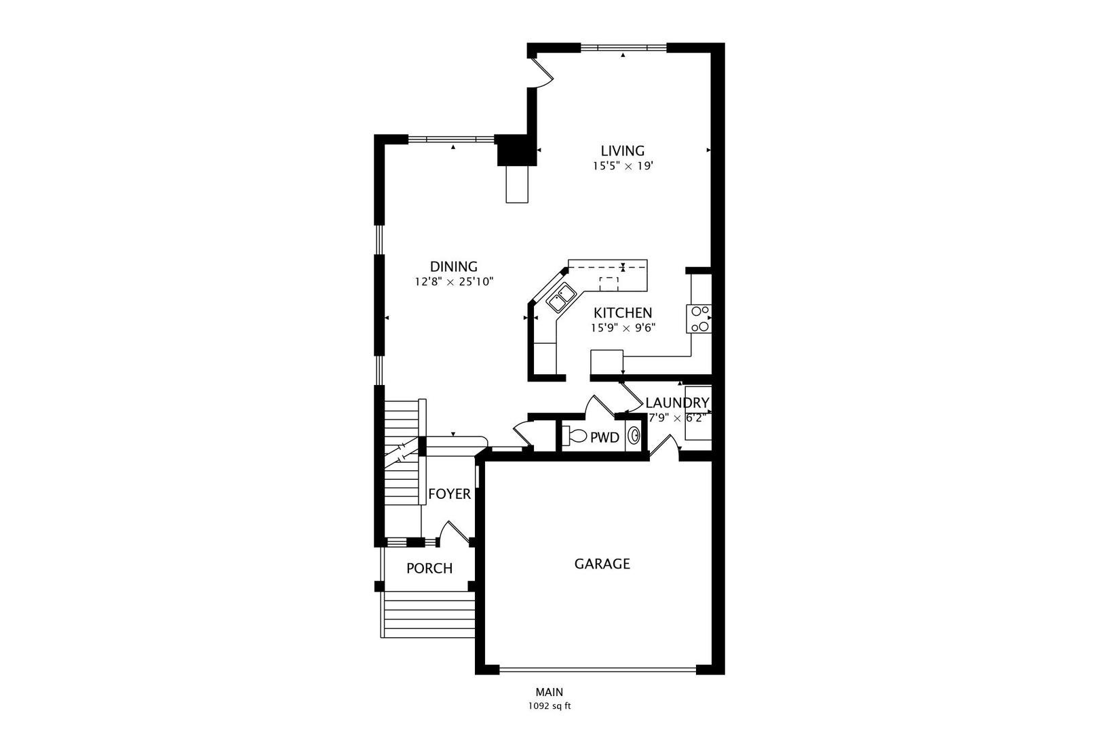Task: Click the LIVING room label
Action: (x=622, y=150)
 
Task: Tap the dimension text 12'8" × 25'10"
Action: (x=454, y=281)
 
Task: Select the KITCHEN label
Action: (x=623, y=312)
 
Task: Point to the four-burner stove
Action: (x=699, y=319)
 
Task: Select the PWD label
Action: (x=604, y=438)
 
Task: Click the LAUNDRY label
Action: (x=677, y=403)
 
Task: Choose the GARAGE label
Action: (x=602, y=564)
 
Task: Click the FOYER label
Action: (x=449, y=494)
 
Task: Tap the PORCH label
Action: (x=429, y=568)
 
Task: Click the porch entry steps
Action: (x=428, y=614)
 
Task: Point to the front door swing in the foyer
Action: (x=454, y=533)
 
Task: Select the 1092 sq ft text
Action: (x=549, y=706)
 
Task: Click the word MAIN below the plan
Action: (x=549, y=692)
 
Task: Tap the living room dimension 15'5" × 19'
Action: (x=622, y=165)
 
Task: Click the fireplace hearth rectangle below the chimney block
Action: (x=517, y=184)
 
